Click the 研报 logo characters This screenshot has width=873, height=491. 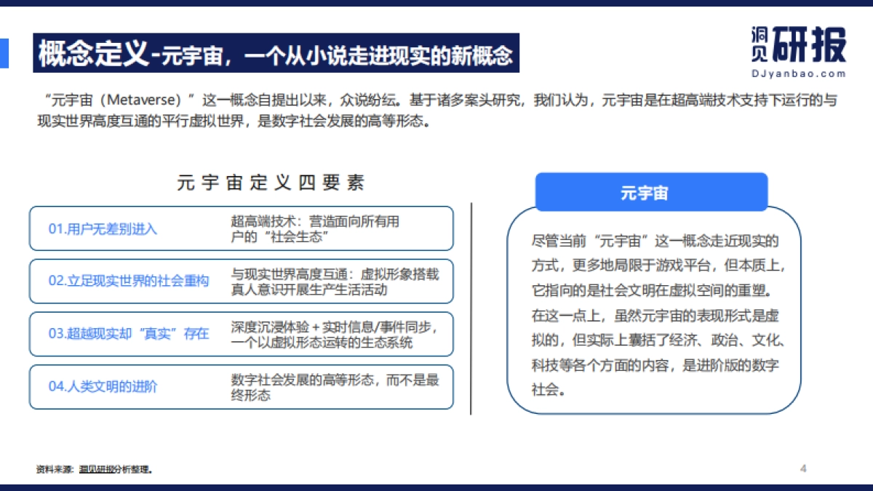(x=809, y=45)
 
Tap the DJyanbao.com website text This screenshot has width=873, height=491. (x=797, y=73)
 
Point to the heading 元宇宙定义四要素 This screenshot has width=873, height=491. (x=271, y=183)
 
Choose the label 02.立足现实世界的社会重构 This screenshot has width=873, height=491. (x=128, y=281)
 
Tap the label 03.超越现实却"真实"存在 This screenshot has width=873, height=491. (x=128, y=334)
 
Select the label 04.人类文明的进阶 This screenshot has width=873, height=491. (x=103, y=386)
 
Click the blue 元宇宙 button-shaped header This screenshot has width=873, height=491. (x=651, y=193)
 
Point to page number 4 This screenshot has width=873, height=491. (x=803, y=468)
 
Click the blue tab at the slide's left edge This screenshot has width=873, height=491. (x=4, y=53)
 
